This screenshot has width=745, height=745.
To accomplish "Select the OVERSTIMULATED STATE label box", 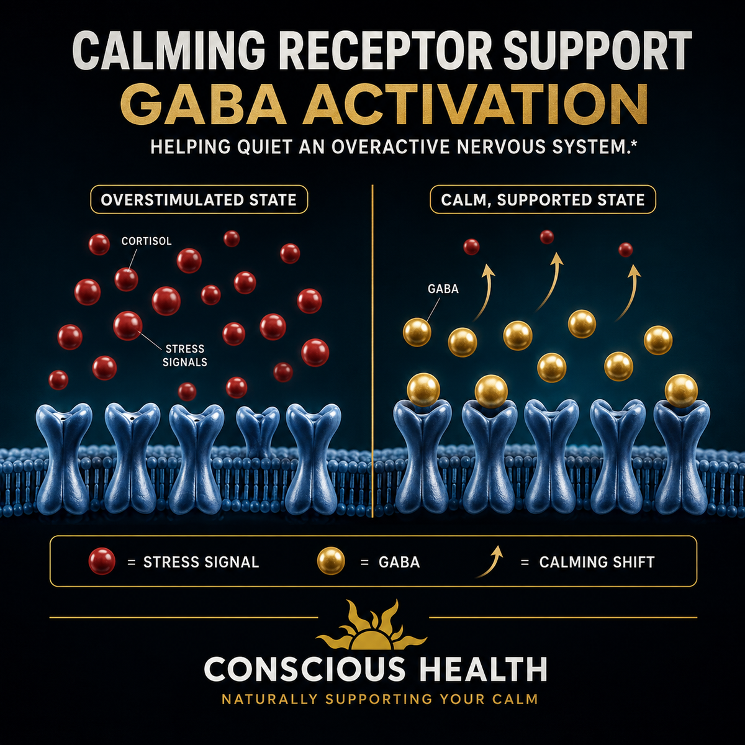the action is point(199,199).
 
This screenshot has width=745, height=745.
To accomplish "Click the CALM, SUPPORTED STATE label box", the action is point(543,199).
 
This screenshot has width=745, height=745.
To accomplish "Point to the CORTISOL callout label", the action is point(146,242).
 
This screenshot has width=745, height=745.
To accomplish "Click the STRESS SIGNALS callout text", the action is point(185,355).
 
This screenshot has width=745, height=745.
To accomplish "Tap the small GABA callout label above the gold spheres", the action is point(443,289).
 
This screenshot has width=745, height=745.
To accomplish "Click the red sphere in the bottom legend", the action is point(102,561).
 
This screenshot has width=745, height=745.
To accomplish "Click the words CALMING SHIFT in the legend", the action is point(597,562).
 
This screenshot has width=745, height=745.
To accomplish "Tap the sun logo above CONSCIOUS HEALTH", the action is point(372,626).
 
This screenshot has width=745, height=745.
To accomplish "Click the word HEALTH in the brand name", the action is point(483,670).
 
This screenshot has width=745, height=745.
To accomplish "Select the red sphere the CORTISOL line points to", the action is point(126,279).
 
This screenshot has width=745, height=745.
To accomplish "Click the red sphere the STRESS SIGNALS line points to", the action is point(128,326).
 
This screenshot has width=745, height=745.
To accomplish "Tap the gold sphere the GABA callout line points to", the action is point(417,332).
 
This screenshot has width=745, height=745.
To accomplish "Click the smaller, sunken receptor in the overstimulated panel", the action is point(258,430).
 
